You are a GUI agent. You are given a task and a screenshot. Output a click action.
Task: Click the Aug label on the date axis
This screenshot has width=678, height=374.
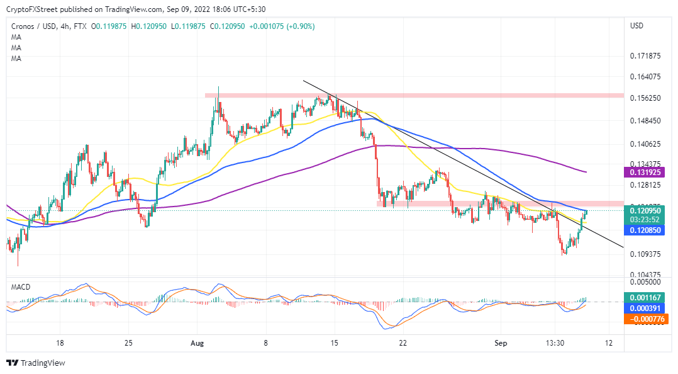pyautogui.click(x=197, y=343)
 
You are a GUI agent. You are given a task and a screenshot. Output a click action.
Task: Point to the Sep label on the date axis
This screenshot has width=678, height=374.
pyautogui.click(x=501, y=343)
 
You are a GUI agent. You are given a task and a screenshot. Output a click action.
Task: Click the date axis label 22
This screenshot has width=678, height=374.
pyautogui.click(x=403, y=343)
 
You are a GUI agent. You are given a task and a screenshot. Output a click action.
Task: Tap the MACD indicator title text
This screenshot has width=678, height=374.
pyautogui.click(x=21, y=287)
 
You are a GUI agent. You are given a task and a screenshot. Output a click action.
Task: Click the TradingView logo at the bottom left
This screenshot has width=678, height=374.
pyautogui.click(x=36, y=363)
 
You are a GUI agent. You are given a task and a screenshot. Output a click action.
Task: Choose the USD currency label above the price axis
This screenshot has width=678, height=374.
pyautogui.click(x=637, y=26)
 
